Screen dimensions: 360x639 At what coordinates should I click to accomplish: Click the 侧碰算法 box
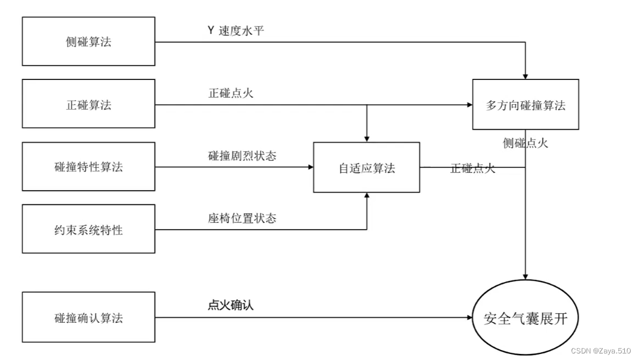(x=88, y=42)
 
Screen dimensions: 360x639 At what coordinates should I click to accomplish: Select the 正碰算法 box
(x=88, y=104)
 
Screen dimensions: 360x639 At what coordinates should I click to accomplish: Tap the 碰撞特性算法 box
(x=88, y=167)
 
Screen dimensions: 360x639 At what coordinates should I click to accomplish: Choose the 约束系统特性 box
(x=88, y=229)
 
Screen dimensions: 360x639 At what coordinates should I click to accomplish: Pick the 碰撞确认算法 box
(x=88, y=317)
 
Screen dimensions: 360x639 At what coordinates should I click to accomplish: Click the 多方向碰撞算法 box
(x=525, y=105)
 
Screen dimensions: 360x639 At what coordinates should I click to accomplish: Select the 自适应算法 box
(x=366, y=168)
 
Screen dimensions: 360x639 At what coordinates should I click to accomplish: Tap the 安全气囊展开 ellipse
(x=525, y=317)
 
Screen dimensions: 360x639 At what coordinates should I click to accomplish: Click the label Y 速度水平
(x=236, y=31)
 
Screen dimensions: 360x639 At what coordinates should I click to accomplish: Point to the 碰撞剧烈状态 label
(x=242, y=156)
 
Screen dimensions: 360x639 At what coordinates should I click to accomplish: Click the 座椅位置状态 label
(x=242, y=218)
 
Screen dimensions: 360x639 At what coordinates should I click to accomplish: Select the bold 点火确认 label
(x=231, y=305)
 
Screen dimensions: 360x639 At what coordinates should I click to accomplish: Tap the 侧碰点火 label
(x=525, y=144)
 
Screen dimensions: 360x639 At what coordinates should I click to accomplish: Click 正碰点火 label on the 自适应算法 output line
(x=472, y=168)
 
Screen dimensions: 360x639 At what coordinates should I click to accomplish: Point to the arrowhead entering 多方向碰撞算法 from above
(x=525, y=76)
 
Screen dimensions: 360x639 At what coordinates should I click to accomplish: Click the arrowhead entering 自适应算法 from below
(x=366, y=196)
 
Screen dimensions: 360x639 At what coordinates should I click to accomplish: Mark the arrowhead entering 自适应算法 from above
(x=366, y=139)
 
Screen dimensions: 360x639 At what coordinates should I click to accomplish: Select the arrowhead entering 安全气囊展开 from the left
(x=469, y=317)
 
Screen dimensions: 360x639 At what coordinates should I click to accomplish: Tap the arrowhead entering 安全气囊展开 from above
(x=525, y=277)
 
